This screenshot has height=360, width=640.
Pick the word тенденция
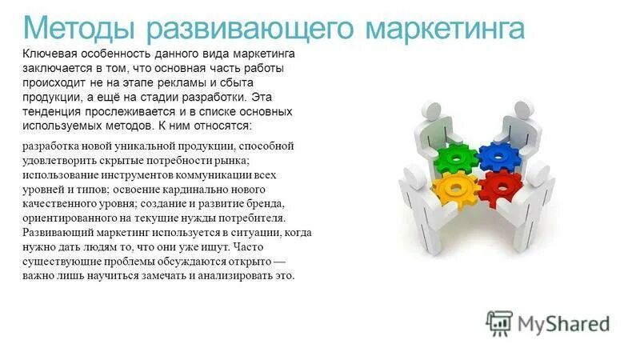54,111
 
